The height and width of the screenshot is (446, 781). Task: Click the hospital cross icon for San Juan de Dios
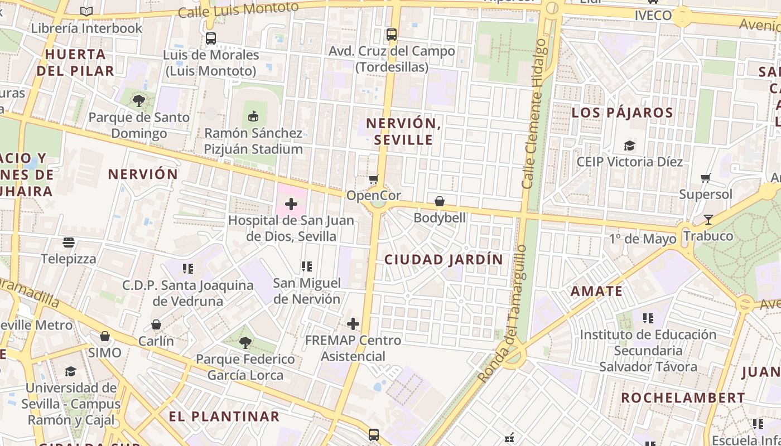(x=291, y=205)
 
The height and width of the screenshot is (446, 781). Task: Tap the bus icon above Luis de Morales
(x=211, y=38)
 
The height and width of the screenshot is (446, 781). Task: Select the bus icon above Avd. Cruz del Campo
(x=392, y=35)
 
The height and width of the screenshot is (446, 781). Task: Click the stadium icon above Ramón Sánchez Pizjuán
(x=253, y=117)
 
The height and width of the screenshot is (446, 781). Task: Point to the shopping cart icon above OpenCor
(x=374, y=180)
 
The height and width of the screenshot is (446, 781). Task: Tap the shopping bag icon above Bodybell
(x=440, y=201)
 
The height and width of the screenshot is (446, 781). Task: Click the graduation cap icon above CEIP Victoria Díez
(x=629, y=146)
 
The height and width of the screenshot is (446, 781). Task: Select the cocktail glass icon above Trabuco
(x=708, y=220)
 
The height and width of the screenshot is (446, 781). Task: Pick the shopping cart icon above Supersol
(x=706, y=178)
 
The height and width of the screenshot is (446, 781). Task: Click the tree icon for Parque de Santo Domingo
(x=139, y=101)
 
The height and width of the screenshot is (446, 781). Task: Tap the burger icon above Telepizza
(x=69, y=243)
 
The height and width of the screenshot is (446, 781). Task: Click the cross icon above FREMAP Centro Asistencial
(x=353, y=324)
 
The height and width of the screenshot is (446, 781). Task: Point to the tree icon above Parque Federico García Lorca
(x=245, y=343)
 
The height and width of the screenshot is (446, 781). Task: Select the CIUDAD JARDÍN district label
(x=443, y=259)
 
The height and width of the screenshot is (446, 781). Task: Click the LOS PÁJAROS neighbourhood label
(x=622, y=113)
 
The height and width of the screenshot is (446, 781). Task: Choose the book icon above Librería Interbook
(x=86, y=11)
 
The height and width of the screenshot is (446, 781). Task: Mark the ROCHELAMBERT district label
(x=683, y=398)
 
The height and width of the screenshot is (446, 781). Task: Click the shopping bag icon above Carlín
(x=156, y=324)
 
